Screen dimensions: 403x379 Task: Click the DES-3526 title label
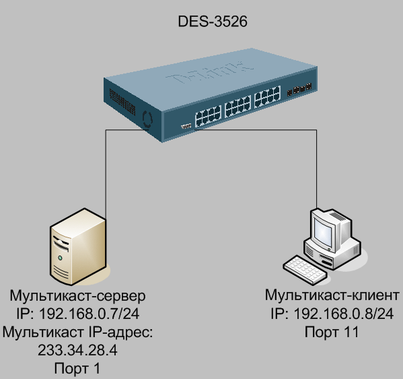pyautogui.click(x=213, y=21)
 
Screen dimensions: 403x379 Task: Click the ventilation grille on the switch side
pyautogui.click(x=122, y=102)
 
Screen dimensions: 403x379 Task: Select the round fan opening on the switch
pyautogui.click(x=147, y=119)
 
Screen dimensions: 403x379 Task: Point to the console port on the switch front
pyautogui.click(x=186, y=126)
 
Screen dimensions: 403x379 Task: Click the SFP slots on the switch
pyautogui.click(x=299, y=90)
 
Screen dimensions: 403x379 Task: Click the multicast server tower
pyautogui.click(x=78, y=247)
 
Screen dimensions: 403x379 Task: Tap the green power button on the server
pyautogui.click(x=60, y=258)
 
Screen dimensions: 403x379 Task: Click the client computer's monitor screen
pyautogui.click(x=324, y=232)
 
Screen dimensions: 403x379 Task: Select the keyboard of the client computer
pyautogui.click(x=305, y=270)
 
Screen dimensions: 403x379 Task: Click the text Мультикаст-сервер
pyautogui.click(x=77, y=295)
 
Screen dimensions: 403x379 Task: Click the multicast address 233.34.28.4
pyautogui.click(x=77, y=350)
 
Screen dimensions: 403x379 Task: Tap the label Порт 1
pyautogui.click(x=77, y=368)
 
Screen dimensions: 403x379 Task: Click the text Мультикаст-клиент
pyautogui.click(x=332, y=295)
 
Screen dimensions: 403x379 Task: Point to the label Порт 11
pyautogui.click(x=332, y=332)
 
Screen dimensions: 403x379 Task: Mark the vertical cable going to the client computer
pyautogui.click(x=316, y=169)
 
